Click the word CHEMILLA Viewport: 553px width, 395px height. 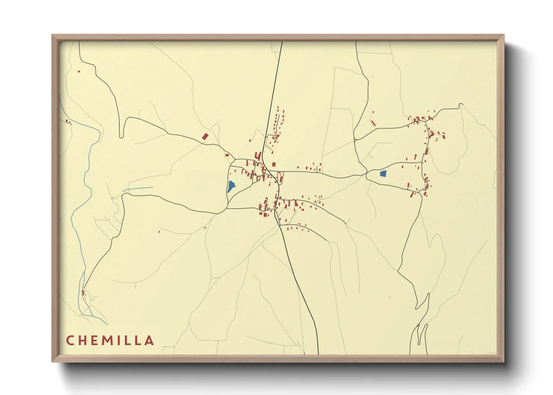point(110,340)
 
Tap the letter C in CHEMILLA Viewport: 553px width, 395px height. point(70,340)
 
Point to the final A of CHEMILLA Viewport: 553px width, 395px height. point(150,340)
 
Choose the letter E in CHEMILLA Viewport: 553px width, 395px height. point(95,340)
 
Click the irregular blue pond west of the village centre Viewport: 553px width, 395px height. point(231,186)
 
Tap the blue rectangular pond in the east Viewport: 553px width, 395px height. point(383,173)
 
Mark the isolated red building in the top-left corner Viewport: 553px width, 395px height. point(79,71)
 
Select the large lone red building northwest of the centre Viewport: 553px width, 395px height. point(205,136)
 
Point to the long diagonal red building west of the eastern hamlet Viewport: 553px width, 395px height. point(373,123)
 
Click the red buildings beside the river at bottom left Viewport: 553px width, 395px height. point(83,293)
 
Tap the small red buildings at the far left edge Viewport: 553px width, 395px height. point(68,121)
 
